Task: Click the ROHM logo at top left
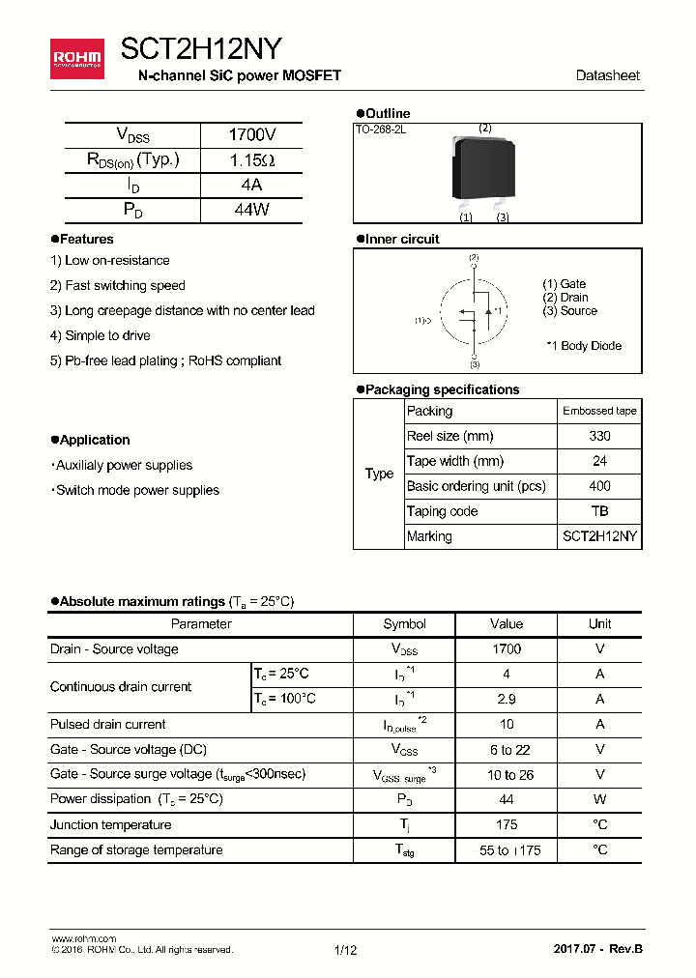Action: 77,58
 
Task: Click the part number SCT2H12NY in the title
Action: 201,49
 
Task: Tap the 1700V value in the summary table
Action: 250,135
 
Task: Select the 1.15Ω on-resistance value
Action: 250,160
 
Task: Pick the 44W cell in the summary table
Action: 250,210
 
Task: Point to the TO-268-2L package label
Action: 381,129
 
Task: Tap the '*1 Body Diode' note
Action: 584,346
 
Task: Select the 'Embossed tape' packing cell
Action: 599,411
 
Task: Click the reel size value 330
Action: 599,436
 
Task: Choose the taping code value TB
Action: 599,511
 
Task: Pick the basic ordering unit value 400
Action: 599,486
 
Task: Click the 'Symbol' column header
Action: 404,624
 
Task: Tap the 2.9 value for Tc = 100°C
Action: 507,699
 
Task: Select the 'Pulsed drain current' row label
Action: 108,724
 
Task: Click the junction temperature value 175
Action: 507,824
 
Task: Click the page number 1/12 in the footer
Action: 345,950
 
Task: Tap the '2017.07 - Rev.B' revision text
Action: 597,949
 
